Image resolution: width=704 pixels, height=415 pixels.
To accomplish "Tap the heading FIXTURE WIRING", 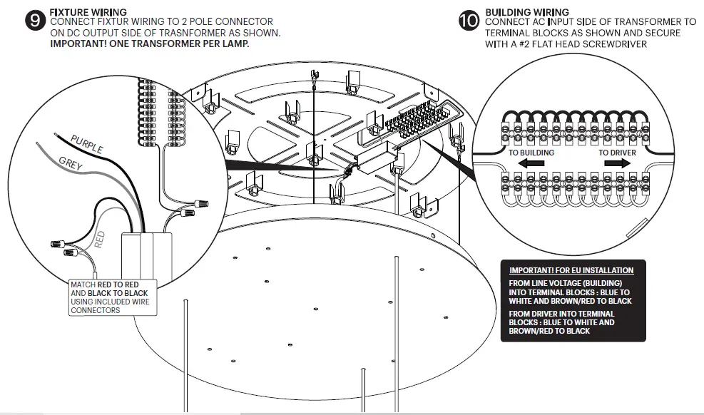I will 88,12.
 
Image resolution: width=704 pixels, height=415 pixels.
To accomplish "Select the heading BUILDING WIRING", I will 527,12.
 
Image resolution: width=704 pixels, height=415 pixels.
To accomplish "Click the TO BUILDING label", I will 531,153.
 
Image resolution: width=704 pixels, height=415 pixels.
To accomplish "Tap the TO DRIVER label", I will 616,153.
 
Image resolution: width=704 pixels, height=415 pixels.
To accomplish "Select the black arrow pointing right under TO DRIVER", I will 618,163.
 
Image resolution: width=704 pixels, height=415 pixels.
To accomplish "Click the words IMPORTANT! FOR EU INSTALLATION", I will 571,270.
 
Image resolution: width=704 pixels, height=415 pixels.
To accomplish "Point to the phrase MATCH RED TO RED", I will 104,285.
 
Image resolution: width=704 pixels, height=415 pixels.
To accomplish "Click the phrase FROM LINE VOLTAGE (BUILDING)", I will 561,283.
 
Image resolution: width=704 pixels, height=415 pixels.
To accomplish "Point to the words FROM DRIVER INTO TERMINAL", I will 562,314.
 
